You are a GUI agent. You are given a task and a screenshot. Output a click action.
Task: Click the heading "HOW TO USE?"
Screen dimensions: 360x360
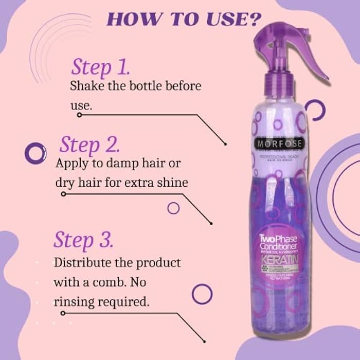182,19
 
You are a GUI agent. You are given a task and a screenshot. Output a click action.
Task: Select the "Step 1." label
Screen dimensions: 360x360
100,67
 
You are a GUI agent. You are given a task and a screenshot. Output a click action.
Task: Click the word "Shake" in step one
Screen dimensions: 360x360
85,85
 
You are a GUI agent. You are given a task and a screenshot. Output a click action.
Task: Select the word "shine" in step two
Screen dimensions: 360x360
172,183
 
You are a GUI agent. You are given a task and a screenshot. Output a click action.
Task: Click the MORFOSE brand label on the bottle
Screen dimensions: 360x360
277,142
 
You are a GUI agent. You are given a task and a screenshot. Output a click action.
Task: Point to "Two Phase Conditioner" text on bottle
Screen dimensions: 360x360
278,241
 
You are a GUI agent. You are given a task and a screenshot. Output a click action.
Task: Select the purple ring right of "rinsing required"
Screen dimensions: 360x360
202,294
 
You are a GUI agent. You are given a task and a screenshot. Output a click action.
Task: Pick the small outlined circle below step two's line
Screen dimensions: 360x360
173,208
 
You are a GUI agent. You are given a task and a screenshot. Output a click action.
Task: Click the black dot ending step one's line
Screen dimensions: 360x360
225,143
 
